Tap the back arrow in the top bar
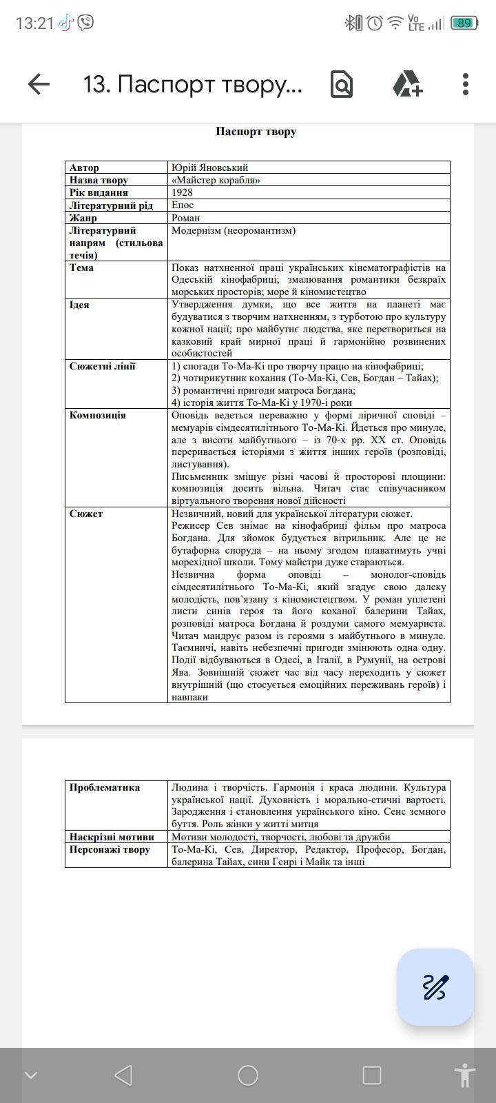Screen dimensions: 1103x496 point(39,84)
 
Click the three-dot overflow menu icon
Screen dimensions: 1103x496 point(466,84)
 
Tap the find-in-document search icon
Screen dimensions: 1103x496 point(341,84)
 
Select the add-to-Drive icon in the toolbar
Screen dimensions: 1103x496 point(407,84)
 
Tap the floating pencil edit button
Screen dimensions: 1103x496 point(435,987)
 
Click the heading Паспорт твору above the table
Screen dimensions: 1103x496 point(256,132)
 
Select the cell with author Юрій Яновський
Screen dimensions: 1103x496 point(209,168)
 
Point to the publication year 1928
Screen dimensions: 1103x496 point(182,192)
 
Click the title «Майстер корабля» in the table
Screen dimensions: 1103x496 point(216,180)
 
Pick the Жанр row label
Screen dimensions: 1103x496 point(83,218)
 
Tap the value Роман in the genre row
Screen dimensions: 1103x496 point(185,218)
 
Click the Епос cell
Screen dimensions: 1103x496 point(183,205)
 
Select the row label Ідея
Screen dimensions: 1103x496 point(79,305)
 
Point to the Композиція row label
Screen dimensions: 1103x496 point(97,415)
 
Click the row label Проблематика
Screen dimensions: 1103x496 point(104,787)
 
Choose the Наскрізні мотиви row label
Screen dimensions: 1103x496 point(112,837)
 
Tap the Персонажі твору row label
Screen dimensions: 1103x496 point(110,849)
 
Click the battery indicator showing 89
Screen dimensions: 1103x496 point(464,23)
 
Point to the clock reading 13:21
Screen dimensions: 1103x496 point(34,23)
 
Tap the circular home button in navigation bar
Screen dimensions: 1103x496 point(248,1075)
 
